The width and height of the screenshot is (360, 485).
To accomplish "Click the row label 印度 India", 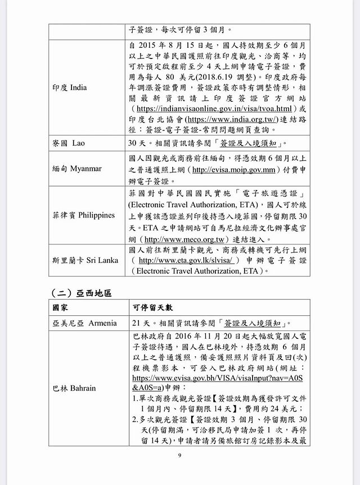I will tap(74, 88).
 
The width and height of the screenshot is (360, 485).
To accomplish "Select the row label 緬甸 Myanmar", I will tap(78, 169).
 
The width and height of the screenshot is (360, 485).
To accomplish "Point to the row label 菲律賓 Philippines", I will tap(84, 215).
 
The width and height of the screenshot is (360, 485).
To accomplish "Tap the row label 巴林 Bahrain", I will tap(74, 388).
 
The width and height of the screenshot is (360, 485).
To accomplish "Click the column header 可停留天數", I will tap(153, 307).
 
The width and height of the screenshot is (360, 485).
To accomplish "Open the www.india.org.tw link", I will tap(232, 119).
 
